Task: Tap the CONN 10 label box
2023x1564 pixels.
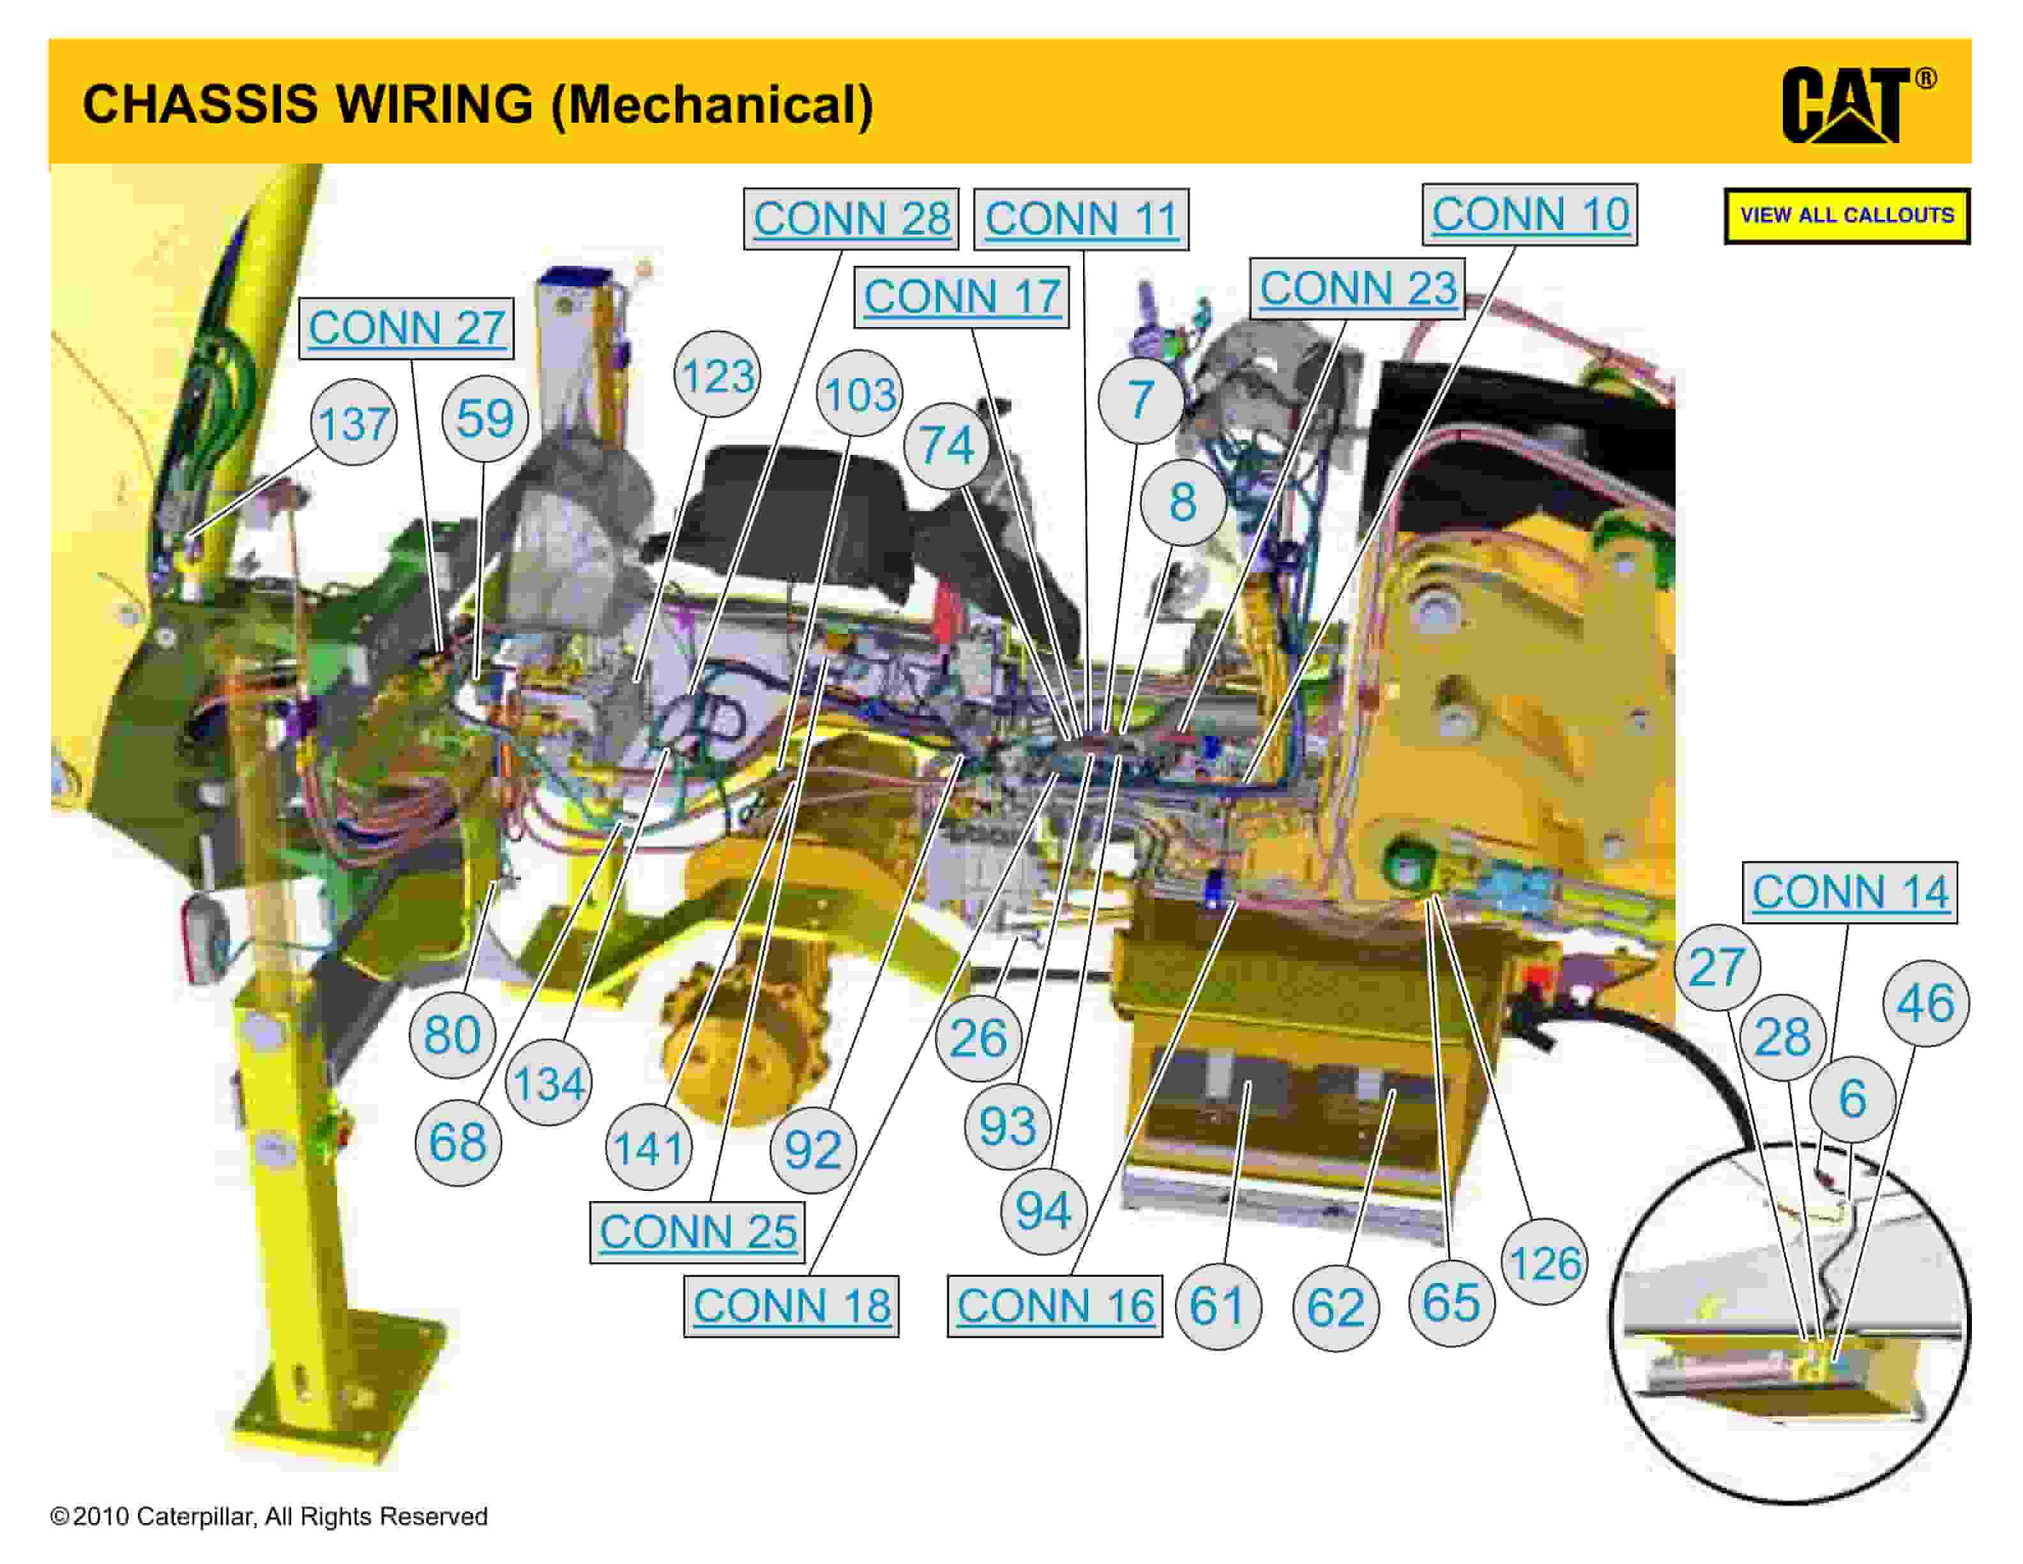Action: pos(1529,215)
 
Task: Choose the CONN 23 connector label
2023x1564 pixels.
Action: pos(1357,288)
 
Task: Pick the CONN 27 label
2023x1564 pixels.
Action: pos(405,328)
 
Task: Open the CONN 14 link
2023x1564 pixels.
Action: pos(1850,893)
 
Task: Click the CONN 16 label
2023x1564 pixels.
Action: pos(1054,1305)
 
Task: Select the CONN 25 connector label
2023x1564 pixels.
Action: pos(697,1231)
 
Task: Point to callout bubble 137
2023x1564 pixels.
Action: pos(353,424)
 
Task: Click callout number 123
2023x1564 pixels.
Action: pos(717,375)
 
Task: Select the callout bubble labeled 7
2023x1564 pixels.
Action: pos(1140,399)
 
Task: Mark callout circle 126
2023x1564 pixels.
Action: pos(1544,1262)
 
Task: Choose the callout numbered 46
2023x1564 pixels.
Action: pos(1926,1004)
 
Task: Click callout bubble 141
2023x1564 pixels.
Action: pos(648,1148)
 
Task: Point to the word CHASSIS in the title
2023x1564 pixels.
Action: pos(200,103)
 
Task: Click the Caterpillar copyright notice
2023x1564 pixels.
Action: pos(269,1517)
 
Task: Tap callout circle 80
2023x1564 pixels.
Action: pos(452,1034)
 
